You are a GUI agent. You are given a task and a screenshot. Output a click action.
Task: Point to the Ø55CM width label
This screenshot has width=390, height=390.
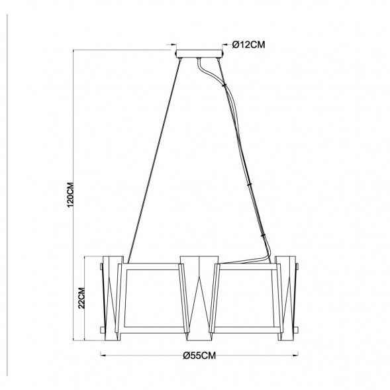[x=199, y=356]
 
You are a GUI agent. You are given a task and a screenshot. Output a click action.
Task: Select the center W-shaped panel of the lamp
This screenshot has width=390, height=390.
[x=199, y=292]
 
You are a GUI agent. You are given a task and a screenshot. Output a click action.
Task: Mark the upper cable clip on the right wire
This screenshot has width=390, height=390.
[x=250, y=184]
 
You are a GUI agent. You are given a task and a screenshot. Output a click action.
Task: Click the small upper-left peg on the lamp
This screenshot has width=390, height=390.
[x=101, y=268]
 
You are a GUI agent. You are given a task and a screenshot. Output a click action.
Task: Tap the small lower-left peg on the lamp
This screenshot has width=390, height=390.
[x=101, y=328]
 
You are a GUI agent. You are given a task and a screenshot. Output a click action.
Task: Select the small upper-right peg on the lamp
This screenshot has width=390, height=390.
[x=297, y=268]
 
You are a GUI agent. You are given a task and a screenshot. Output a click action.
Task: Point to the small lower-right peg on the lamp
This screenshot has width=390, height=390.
[x=297, y=328]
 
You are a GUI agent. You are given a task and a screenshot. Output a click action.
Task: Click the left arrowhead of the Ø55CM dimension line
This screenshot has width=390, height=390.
[x=103, y=355]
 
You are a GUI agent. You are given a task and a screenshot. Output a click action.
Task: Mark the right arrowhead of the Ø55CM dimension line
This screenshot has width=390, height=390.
[x=295, y=355]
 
